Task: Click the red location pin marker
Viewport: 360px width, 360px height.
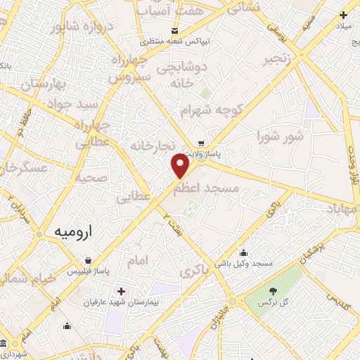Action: tap(181, 166)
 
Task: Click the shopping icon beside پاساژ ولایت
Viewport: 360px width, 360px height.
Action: tap(202, 141)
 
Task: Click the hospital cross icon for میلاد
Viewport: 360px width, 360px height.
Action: tap(343, 15)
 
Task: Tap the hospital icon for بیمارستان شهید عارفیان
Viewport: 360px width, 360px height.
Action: tap(122, 290)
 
